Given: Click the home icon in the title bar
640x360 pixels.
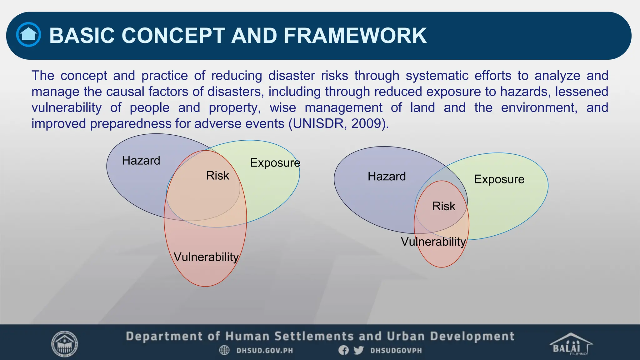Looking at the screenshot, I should tap(28, 35).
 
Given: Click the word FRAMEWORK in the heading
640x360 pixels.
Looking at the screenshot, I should tap(355, 35).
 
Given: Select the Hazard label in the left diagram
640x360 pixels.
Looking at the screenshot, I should tap(141, 161).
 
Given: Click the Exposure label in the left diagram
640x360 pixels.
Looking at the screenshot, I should tap(275, 163).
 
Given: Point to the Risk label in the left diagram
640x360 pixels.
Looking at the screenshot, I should tap(217, 176).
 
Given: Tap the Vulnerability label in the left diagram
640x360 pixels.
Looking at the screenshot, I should tap(206, 257).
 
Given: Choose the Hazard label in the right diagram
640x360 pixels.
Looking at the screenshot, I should tap(387, 177).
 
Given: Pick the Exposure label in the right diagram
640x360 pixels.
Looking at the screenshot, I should tap(499, 179).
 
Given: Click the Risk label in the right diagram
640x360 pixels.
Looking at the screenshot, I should tap(443, 206).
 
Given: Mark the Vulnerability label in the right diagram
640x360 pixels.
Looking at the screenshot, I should tap(433, 242).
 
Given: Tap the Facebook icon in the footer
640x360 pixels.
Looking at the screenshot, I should tap(343, 350).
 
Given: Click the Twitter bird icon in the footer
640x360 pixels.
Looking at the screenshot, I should tap(358, 350).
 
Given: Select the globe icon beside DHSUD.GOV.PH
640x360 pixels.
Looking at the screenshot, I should tap(224, 350).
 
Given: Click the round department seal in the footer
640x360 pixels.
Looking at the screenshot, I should tap(64, 344).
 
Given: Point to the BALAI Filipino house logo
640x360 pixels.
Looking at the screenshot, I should tap(571, 344).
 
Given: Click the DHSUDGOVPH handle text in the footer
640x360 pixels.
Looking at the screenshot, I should tap(396, 350).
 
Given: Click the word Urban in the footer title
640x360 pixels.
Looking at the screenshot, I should tap(406, 336).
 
